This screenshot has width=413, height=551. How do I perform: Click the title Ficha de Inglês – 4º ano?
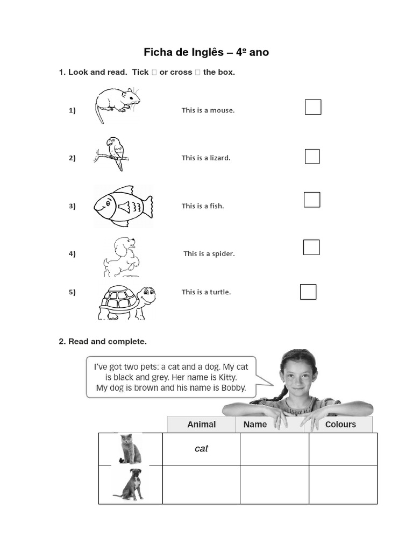click(206, 52)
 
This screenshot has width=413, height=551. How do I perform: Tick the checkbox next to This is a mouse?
click(313, 107)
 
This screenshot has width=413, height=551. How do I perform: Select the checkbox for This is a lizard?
click(312, 157)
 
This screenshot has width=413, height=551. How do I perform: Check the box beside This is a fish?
click(312, 200)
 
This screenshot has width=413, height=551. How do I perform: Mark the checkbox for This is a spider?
click(311, 248)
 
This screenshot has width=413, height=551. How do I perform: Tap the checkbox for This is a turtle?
click(308, 292)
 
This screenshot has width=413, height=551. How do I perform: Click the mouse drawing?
click(117, 103)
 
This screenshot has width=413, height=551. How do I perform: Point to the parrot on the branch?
click(115, 151)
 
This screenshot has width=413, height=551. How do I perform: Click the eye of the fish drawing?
click(107, 202)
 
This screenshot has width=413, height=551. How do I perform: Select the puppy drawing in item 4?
click(122, 257)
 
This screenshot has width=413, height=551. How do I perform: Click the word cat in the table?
click(201, 449)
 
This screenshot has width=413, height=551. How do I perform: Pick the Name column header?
click(255, 425)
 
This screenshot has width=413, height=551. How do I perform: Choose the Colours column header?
click(340, 425)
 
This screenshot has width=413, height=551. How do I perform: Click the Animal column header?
click(201, 425)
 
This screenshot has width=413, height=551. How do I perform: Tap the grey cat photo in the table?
click(130, 449)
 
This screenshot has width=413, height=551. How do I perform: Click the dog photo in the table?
click(130, 484)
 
